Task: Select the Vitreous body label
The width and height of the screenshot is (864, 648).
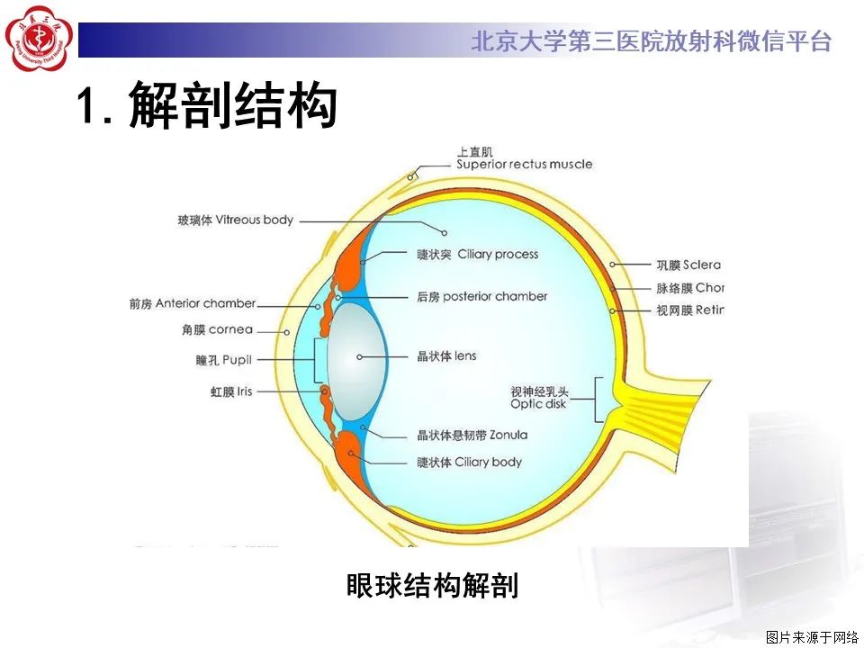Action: (236, 220)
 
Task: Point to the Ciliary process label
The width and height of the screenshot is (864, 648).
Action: (478, 255)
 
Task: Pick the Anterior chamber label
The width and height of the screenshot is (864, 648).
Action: (193, 304)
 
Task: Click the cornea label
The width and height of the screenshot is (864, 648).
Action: (217, 330)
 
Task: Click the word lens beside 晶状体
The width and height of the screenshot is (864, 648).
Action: (465, 356)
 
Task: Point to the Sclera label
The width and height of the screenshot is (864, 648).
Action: (688, 265)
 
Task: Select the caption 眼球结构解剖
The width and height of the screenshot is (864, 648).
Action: (432, 586)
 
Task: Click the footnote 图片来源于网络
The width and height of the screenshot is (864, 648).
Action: (812, 637)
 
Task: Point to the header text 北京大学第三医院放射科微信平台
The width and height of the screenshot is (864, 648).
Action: (650, 41)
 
